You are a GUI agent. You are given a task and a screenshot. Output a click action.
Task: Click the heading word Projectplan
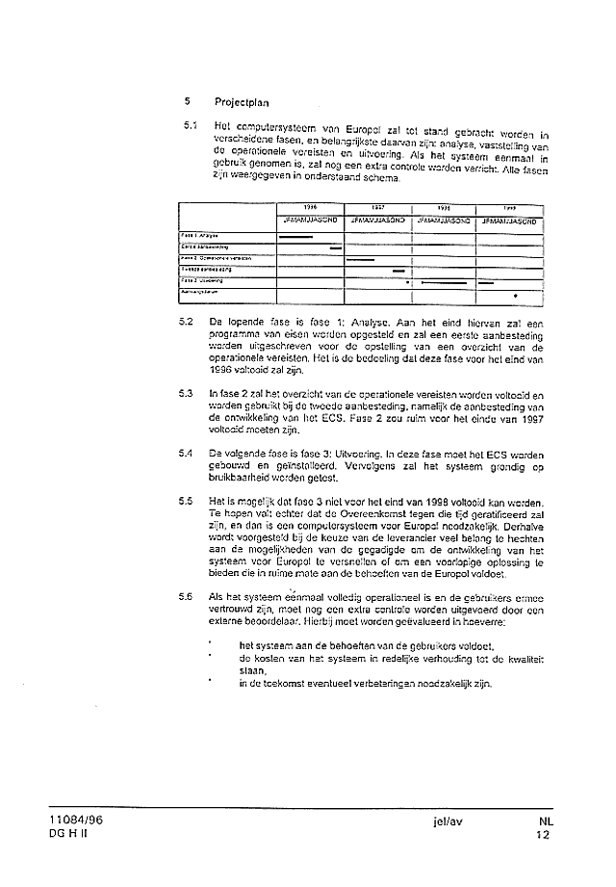[242, 100]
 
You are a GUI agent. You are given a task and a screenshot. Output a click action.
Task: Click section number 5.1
[191, 126]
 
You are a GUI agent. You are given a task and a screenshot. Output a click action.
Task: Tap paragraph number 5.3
[186, 395]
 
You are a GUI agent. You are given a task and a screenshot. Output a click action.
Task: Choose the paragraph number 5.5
[186, 501]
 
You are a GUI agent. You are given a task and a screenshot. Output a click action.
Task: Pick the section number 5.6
[186, 596]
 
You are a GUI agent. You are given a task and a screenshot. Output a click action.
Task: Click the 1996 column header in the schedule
[310, 207]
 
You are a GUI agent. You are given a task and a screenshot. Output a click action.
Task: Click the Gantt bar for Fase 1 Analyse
[296, 236]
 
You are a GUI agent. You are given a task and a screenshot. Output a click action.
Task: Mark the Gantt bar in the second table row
[336, 248]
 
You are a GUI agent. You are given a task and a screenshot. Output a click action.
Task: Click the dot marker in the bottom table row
[516, 295]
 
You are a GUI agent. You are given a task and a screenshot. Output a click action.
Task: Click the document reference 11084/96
[80, 822]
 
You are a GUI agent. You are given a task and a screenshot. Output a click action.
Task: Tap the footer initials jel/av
[449, 822]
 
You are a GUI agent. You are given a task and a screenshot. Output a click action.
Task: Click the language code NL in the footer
[546, 822]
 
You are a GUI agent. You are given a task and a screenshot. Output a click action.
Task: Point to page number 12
[545, 836]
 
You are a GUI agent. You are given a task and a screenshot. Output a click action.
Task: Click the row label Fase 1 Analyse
[202, 236]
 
